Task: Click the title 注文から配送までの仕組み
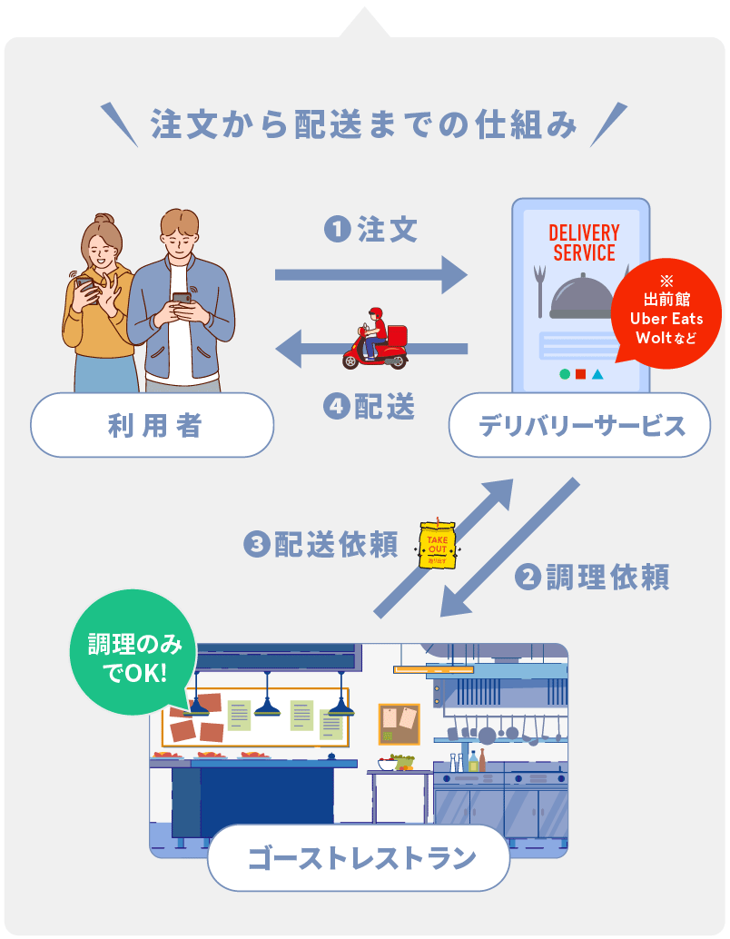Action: pyautogui.click(x=364, y=124)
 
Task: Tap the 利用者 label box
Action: pyautogui.click(x=152, y=425)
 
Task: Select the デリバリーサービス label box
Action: pyautogui.click(x=579, y=425)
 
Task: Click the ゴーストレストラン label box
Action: pyautogui.click(x=359, y=857)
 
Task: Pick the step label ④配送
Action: pyautogui.click(x=370, y=408)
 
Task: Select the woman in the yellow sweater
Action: pyautogui.click(x=97, y=300)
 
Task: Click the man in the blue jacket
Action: pyautogui.click(x=180, y=300)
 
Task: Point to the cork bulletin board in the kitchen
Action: pyautogui.click(x=399, y=724)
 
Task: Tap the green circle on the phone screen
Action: pyautogui.click(x=565, y=373)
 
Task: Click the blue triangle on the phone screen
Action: pyautogui.click(x=597, y=373)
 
